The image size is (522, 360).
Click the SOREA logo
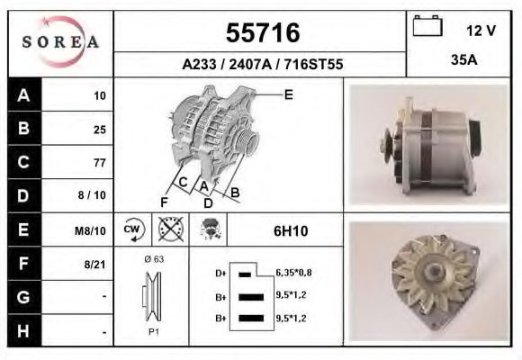coord(60,42)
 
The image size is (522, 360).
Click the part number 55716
coord(261,34)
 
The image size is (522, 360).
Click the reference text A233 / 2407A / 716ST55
coord(261,65)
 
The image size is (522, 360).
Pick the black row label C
coord(22,163)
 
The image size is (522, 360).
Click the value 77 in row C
coord(99,163)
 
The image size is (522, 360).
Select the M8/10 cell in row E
coord(92,231)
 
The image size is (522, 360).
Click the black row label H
coord(22,330)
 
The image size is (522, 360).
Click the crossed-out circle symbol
coord(168,229)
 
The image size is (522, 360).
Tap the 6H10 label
coord(290,231)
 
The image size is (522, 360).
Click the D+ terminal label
coord(220,272)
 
